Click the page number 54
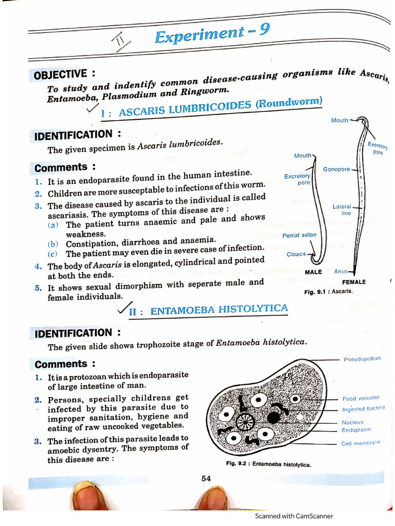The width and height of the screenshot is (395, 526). (206, 478)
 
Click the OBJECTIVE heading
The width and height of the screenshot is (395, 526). (64, 75)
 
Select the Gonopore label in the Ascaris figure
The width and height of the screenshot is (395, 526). (336, 170)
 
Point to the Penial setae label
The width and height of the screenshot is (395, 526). (299, 235)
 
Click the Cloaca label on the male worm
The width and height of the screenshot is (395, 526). (296, 254)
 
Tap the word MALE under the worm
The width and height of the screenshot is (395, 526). (313, 271)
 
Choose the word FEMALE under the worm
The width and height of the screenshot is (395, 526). (354, 282)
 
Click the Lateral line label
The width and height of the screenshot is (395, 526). (342, 210)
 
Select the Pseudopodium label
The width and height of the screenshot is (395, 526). (362, 359)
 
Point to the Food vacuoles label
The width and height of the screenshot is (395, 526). (361, 398)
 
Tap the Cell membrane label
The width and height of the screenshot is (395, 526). (361, 443)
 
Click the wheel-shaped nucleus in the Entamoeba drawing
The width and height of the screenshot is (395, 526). (245, 422)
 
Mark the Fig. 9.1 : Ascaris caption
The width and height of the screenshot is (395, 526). (328, 291)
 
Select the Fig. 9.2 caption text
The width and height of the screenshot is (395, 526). (268, 464)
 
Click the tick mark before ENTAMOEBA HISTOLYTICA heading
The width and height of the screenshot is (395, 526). (124, 309)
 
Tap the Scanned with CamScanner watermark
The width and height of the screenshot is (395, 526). (294, 516)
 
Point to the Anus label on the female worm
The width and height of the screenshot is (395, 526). (341, 271)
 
